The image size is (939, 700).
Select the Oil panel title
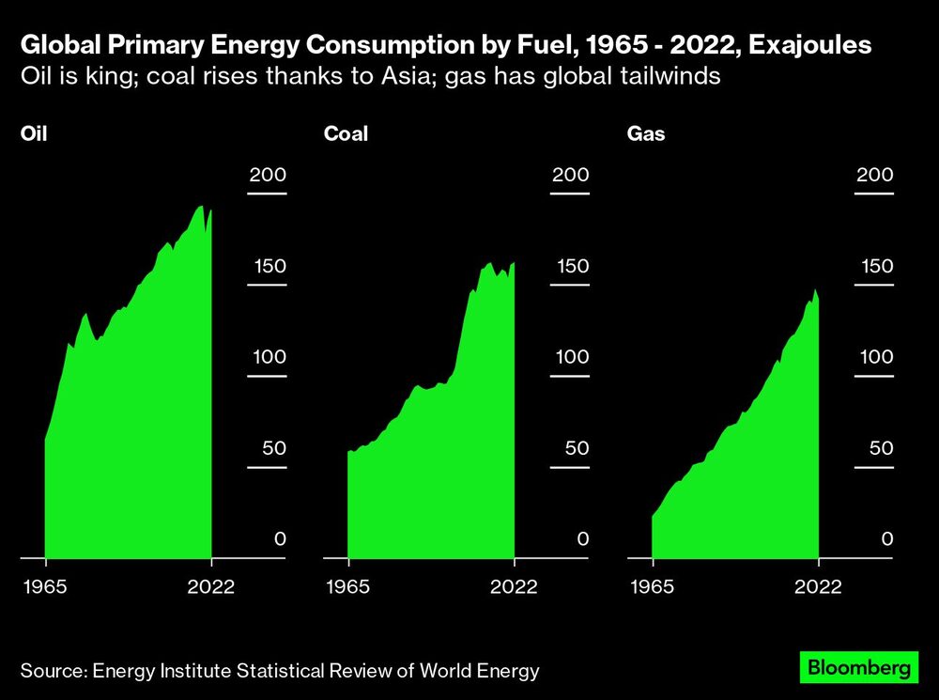click(x=34, y=133)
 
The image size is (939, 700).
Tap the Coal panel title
click(x=346, y=133)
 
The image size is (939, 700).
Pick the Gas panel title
click(x=646, y=133)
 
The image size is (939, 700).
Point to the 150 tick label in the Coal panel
click(x=571, y=266)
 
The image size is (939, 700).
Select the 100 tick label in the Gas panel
click(x=874, y=357)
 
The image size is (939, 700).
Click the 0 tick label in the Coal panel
click(x=582, y=539)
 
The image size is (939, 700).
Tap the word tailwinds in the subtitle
click(x=670, y=76)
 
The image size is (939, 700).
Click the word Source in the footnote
click(x=52, y=670)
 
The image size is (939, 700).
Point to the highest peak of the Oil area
click(x=200, y=206)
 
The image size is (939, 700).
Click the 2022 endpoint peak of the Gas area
click(x=815, y=289)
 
